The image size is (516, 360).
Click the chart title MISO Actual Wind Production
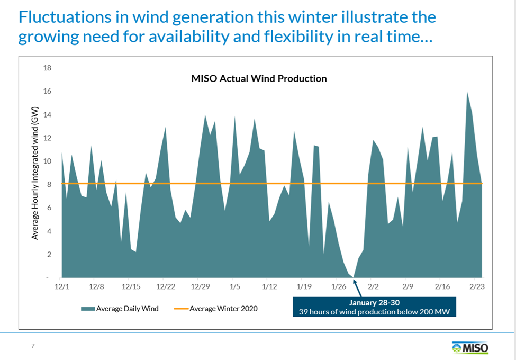259,79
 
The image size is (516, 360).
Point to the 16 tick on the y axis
48,91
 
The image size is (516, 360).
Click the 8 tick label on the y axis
49,184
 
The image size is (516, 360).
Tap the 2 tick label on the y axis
49,254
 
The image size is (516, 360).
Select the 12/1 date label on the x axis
62,286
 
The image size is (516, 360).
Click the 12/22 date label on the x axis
166,286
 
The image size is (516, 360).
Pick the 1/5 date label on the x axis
235,286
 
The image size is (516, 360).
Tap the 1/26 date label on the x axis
339,286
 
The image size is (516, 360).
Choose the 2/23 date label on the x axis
477,286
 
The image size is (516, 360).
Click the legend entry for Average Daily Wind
120,309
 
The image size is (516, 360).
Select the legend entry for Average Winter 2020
216,309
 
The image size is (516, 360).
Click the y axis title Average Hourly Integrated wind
35,173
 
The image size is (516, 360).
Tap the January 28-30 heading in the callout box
374,302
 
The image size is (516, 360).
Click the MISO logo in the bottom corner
470,347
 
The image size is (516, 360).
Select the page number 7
33,346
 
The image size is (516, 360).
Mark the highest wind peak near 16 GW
467,92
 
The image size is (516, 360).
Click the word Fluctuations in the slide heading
65,17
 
